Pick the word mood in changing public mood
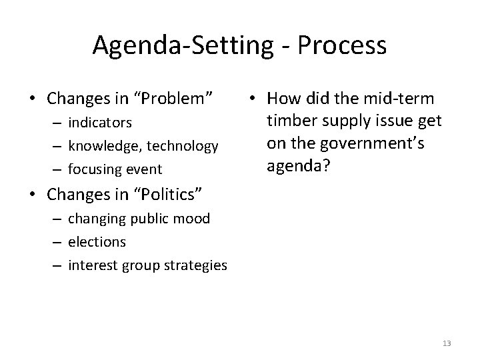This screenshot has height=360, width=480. click(194, 218)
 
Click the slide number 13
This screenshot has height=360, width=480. click(447, 343)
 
